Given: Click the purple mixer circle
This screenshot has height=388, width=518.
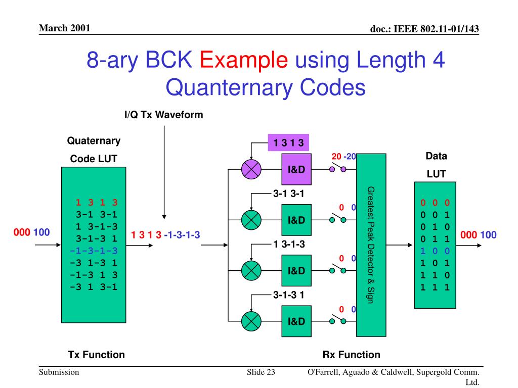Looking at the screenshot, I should click(x=251, y=169).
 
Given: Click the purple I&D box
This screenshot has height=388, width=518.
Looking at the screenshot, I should click(x=296, y=169).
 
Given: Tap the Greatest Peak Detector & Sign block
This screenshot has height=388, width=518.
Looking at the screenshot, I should click(x=371, y=245).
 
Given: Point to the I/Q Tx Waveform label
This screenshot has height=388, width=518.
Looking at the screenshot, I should click(x=163, y=115).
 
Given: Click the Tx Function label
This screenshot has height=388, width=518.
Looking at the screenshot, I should click(x=96, y=355).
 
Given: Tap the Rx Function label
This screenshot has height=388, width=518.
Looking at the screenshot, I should click(x=351, y=355).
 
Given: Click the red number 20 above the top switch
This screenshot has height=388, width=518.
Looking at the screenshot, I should click(x=336, y=157).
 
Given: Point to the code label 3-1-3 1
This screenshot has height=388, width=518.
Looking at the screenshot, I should click(x=288, y=295).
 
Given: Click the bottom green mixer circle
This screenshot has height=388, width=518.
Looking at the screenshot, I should click(x=251, y=320).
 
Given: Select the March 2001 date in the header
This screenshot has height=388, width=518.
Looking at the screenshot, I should click(x=64, y=28).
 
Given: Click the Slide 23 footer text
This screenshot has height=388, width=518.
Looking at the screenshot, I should click(x=261, y=372).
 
